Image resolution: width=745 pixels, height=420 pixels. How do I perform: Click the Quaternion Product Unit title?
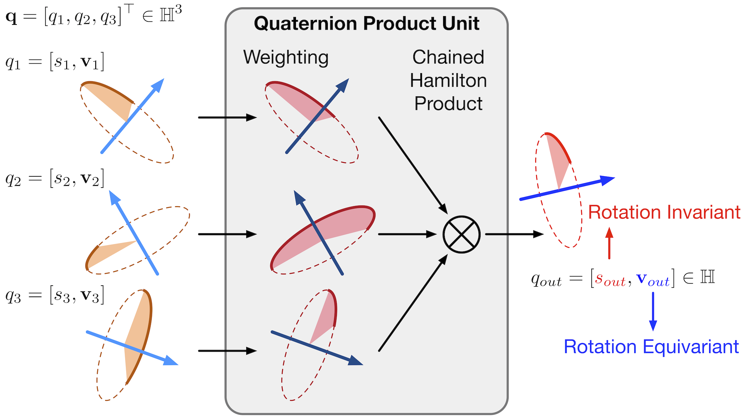[366, 24]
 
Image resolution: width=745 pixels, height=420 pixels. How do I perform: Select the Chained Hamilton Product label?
[448, 80]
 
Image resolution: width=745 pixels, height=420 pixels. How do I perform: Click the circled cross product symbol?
[461, 234]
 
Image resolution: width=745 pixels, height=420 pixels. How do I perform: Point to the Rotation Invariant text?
[664, 212]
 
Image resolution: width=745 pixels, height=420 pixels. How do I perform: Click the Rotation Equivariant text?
[651, 346]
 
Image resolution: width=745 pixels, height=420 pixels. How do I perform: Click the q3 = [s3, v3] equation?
[55, 296]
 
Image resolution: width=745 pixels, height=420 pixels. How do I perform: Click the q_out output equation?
[623, 279]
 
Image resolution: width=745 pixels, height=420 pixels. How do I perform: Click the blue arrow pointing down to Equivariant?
[653, 311]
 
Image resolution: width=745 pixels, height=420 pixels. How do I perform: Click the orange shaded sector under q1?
[112, 101]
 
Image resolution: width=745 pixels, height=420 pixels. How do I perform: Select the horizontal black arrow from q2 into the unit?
[227, 234]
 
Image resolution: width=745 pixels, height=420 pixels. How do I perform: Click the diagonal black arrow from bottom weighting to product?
[413, 303]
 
